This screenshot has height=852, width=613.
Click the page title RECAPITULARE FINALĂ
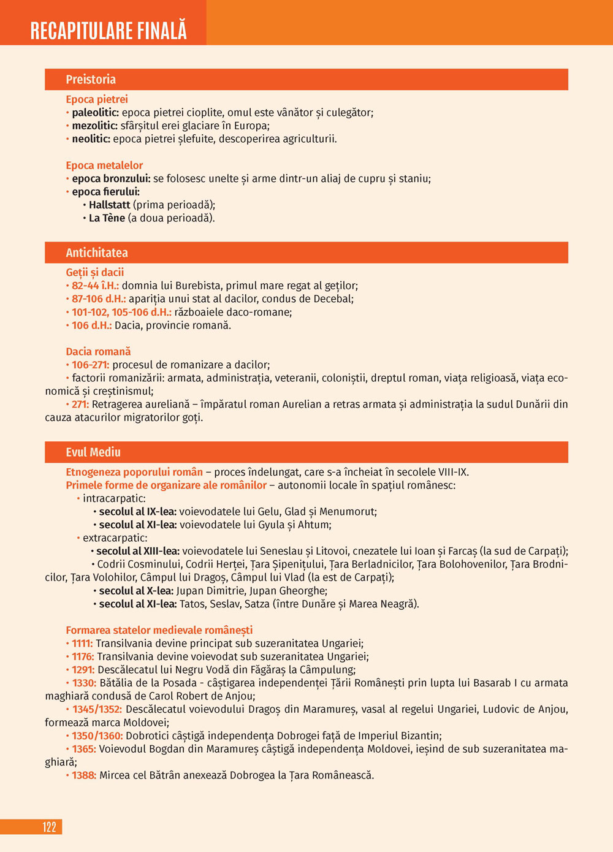coord(109,30)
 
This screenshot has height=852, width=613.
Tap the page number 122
coord(50,827)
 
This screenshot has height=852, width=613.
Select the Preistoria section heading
coord(91,80)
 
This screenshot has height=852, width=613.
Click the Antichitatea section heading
coord(97,253)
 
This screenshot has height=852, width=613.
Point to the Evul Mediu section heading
coord(93,452)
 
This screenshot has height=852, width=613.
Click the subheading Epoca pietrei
coord(97,99)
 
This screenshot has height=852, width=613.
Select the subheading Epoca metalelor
coord(104,165)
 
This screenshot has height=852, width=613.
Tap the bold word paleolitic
coord(95,113)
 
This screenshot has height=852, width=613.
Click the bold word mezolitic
coord(94,126)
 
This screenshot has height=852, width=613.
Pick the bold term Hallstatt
coord(109,205)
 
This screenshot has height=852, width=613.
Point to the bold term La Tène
coord(107,218)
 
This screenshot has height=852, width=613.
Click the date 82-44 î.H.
coord(95,286)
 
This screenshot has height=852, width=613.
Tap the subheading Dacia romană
coord(98,352)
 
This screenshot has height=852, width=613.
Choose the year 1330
coord(84,683)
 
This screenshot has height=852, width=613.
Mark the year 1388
coord(84,775)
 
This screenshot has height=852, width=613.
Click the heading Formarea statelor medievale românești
coord(159,630)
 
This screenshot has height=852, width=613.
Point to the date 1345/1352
coord(97,709)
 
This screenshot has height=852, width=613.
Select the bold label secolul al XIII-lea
coord(138,551)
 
